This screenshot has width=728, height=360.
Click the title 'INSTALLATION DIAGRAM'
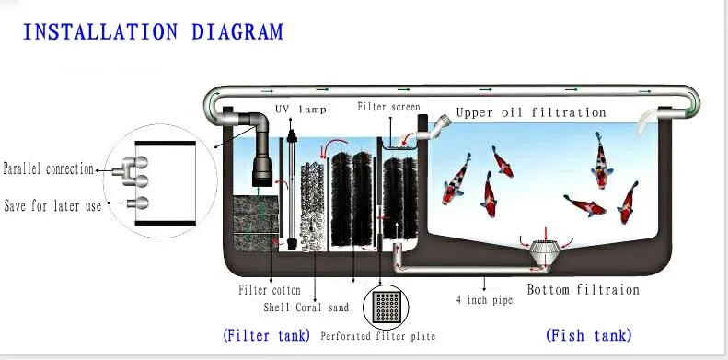click(x=153, y=31)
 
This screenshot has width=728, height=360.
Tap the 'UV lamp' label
click(x=301, y=110)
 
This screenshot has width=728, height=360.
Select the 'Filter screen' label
click(x=388, y=107)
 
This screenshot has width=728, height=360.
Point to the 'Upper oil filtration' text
click(x=531, y=112)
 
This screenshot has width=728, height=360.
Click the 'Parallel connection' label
click(x=48, y=168)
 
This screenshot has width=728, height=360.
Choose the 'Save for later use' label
click(x=52, y=204)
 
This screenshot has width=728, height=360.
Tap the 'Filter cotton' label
click(x=270, y=290)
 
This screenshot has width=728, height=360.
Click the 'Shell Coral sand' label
click(x=306, y=307)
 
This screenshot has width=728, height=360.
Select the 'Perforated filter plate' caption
click(x=378, y=336)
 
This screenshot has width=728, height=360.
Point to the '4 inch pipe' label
click(x=484, y=300)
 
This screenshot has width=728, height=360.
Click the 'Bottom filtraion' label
click(x=583, y=289)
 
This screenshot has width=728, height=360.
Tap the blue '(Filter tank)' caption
click(x=266, y=335)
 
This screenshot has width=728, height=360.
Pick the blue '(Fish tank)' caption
click(x=589, y=335)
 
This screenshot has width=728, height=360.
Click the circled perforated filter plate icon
click(x=386, y=307)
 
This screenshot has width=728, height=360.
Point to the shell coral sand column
click(x=313, y=207)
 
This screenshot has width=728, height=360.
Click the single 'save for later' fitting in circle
click(x=137, y=203)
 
